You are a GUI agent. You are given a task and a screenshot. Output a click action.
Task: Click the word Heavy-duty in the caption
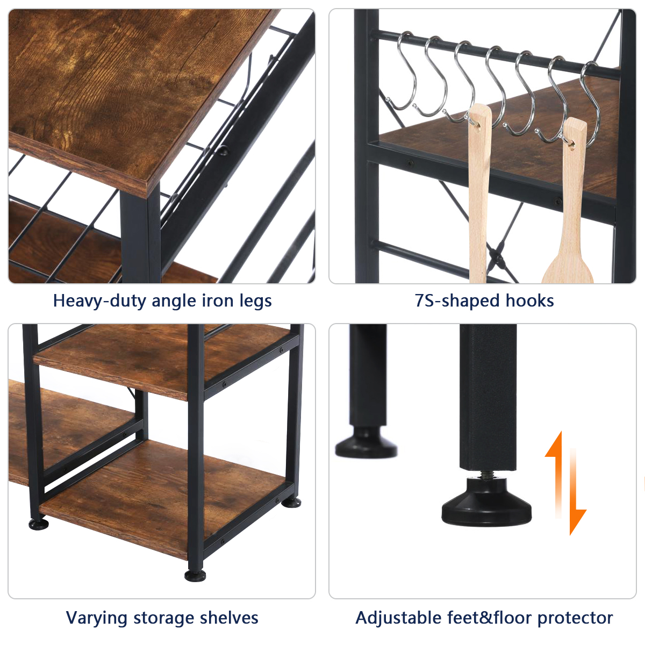[101, 300]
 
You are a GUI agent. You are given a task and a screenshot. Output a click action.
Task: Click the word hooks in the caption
[529, 300]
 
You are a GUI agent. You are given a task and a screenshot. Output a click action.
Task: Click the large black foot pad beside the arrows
[486, 503]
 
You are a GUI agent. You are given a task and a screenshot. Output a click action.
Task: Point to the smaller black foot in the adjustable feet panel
[367, 442]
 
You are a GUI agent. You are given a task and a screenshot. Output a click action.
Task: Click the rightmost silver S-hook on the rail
[591, 104]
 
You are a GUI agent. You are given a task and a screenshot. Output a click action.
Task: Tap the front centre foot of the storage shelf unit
[195, 576]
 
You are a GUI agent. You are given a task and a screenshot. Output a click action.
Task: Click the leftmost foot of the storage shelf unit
[39, 524]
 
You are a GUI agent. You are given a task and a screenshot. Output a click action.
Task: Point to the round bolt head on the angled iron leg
[223, 150]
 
